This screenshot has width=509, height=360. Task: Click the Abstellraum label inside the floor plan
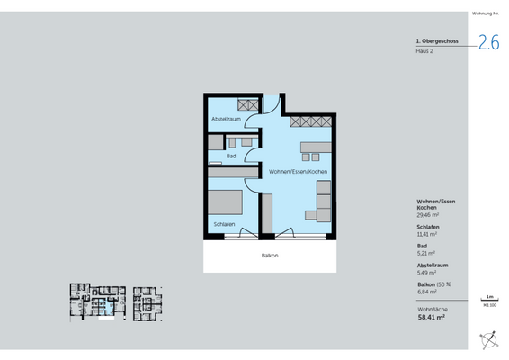click(x=225, y=120)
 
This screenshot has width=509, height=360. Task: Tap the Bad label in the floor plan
click(x=231, y=157)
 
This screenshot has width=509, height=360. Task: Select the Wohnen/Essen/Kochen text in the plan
click(x=297, y=171)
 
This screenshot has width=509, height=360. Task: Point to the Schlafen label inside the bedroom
click(x=225, y=223)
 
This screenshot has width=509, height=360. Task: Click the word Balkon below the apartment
click(x=269, y=256)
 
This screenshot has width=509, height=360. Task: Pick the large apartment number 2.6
click(x=488, y=42)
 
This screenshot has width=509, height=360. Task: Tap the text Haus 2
click(x=424, y=51)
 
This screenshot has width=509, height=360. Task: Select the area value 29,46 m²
click(x=427, y=216)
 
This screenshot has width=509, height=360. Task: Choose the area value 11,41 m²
click(x=426, y=237)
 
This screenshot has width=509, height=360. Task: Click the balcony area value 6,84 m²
click(x=425, y=292)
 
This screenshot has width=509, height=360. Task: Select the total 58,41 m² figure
click(x=432, y=317)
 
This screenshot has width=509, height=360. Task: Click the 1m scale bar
click(x=488, y=300)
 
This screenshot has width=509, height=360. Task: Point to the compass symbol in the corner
click(x=489, y=340)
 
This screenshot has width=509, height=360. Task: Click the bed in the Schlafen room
click(x=225, y=201)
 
